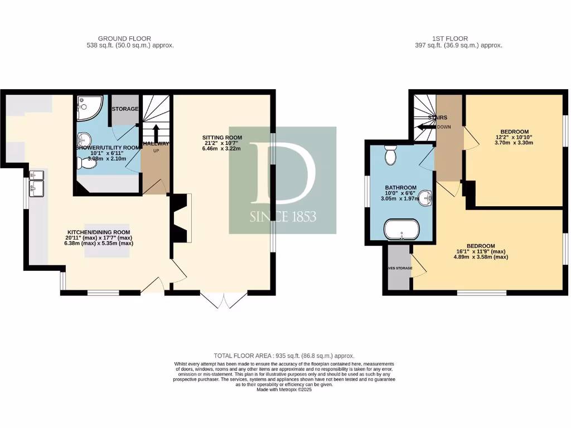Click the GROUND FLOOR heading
[117, 38]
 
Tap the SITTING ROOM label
[222, 138]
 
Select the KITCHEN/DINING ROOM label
[98, 232]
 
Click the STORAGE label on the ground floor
[124, 109]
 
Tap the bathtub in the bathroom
[400, 228]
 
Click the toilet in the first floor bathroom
[390, 155]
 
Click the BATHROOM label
[400, 188]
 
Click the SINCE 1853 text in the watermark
[283, 216]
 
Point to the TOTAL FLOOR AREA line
[284, 356]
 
